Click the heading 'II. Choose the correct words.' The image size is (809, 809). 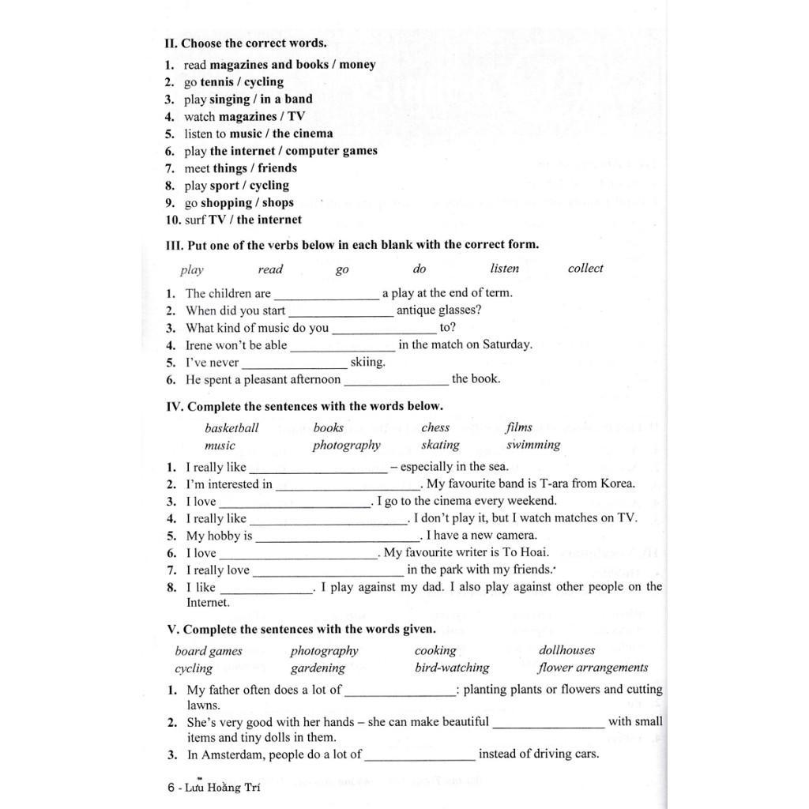point(245,43)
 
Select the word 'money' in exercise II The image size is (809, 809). point(358,65)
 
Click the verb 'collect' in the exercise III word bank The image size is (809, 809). point(585,269)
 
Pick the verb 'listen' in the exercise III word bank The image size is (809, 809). point(505,269)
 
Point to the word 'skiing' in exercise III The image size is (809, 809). point(367,363)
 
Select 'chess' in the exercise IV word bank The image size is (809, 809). point(435,428)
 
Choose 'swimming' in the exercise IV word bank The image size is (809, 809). point(533,445)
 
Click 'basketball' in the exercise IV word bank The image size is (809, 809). point(231,428)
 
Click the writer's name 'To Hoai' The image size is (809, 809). point(528,553)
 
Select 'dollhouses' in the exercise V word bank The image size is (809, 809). point(566,651)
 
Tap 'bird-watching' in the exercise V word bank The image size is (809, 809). point(452,668)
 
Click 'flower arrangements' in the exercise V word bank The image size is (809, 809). point(593,668)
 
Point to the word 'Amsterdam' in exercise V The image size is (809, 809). point(238,754)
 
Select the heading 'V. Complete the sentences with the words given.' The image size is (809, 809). point(301,630)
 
